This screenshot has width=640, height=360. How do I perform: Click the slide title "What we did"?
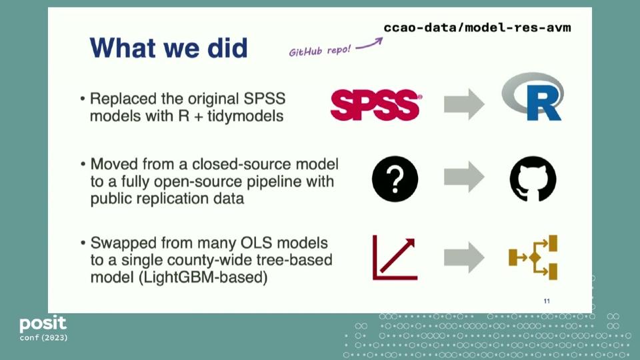[x=169, y=48]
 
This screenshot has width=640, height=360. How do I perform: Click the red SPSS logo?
[x=376, y=104]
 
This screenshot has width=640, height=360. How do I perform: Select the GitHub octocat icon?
[x=533, y=179]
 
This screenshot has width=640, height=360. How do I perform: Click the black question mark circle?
[x=395, y=179]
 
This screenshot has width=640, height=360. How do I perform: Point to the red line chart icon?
[x=395, y=257]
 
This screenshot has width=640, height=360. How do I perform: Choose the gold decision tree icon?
[x=533, y=257]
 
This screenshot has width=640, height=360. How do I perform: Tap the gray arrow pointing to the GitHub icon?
[x=464, y=178]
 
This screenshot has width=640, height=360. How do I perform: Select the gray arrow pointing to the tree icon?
[x=464, y=257]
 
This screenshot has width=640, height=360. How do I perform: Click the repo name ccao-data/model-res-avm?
[x=477, y=27]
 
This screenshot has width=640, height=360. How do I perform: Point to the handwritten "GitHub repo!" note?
[x=319, y=51]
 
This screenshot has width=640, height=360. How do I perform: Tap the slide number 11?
[x=547, y=301]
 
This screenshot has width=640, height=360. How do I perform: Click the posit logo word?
[x=43, y=325]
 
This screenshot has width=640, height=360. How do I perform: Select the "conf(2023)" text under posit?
[x=43, y=338]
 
